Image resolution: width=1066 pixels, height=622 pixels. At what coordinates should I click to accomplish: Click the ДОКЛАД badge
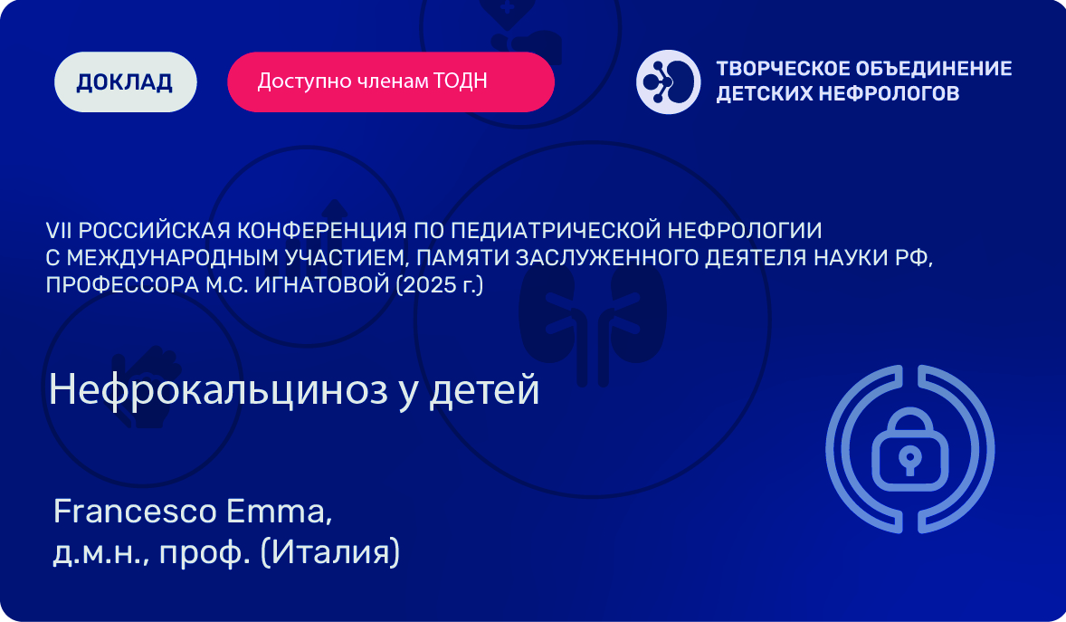pyautogui.click(x=126, y=81)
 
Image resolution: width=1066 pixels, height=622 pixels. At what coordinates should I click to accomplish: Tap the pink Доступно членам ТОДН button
pyautogui.click(x=391, y=81)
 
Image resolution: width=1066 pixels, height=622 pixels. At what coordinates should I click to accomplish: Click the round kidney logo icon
pyautogui.click(x=669, y=81)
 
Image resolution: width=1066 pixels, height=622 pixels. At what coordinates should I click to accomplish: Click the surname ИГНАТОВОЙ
pyautogui.click(x=322, y=285)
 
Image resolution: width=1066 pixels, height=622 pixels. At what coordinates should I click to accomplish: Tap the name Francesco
pyautogui.click(x=136, y=512)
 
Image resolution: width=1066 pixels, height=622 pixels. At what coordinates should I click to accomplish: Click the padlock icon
pyautogui.click(x=910, y=449)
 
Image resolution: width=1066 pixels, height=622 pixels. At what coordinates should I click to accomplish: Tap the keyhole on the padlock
pyautogui.click(x=910, y=460)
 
